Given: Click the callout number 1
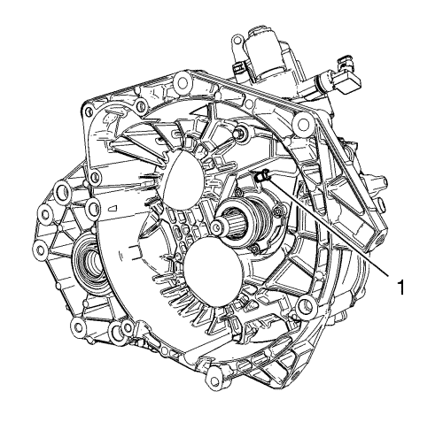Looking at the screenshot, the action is (x=400, y=288).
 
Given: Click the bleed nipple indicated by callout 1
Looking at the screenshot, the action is (x=262, y=176).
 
